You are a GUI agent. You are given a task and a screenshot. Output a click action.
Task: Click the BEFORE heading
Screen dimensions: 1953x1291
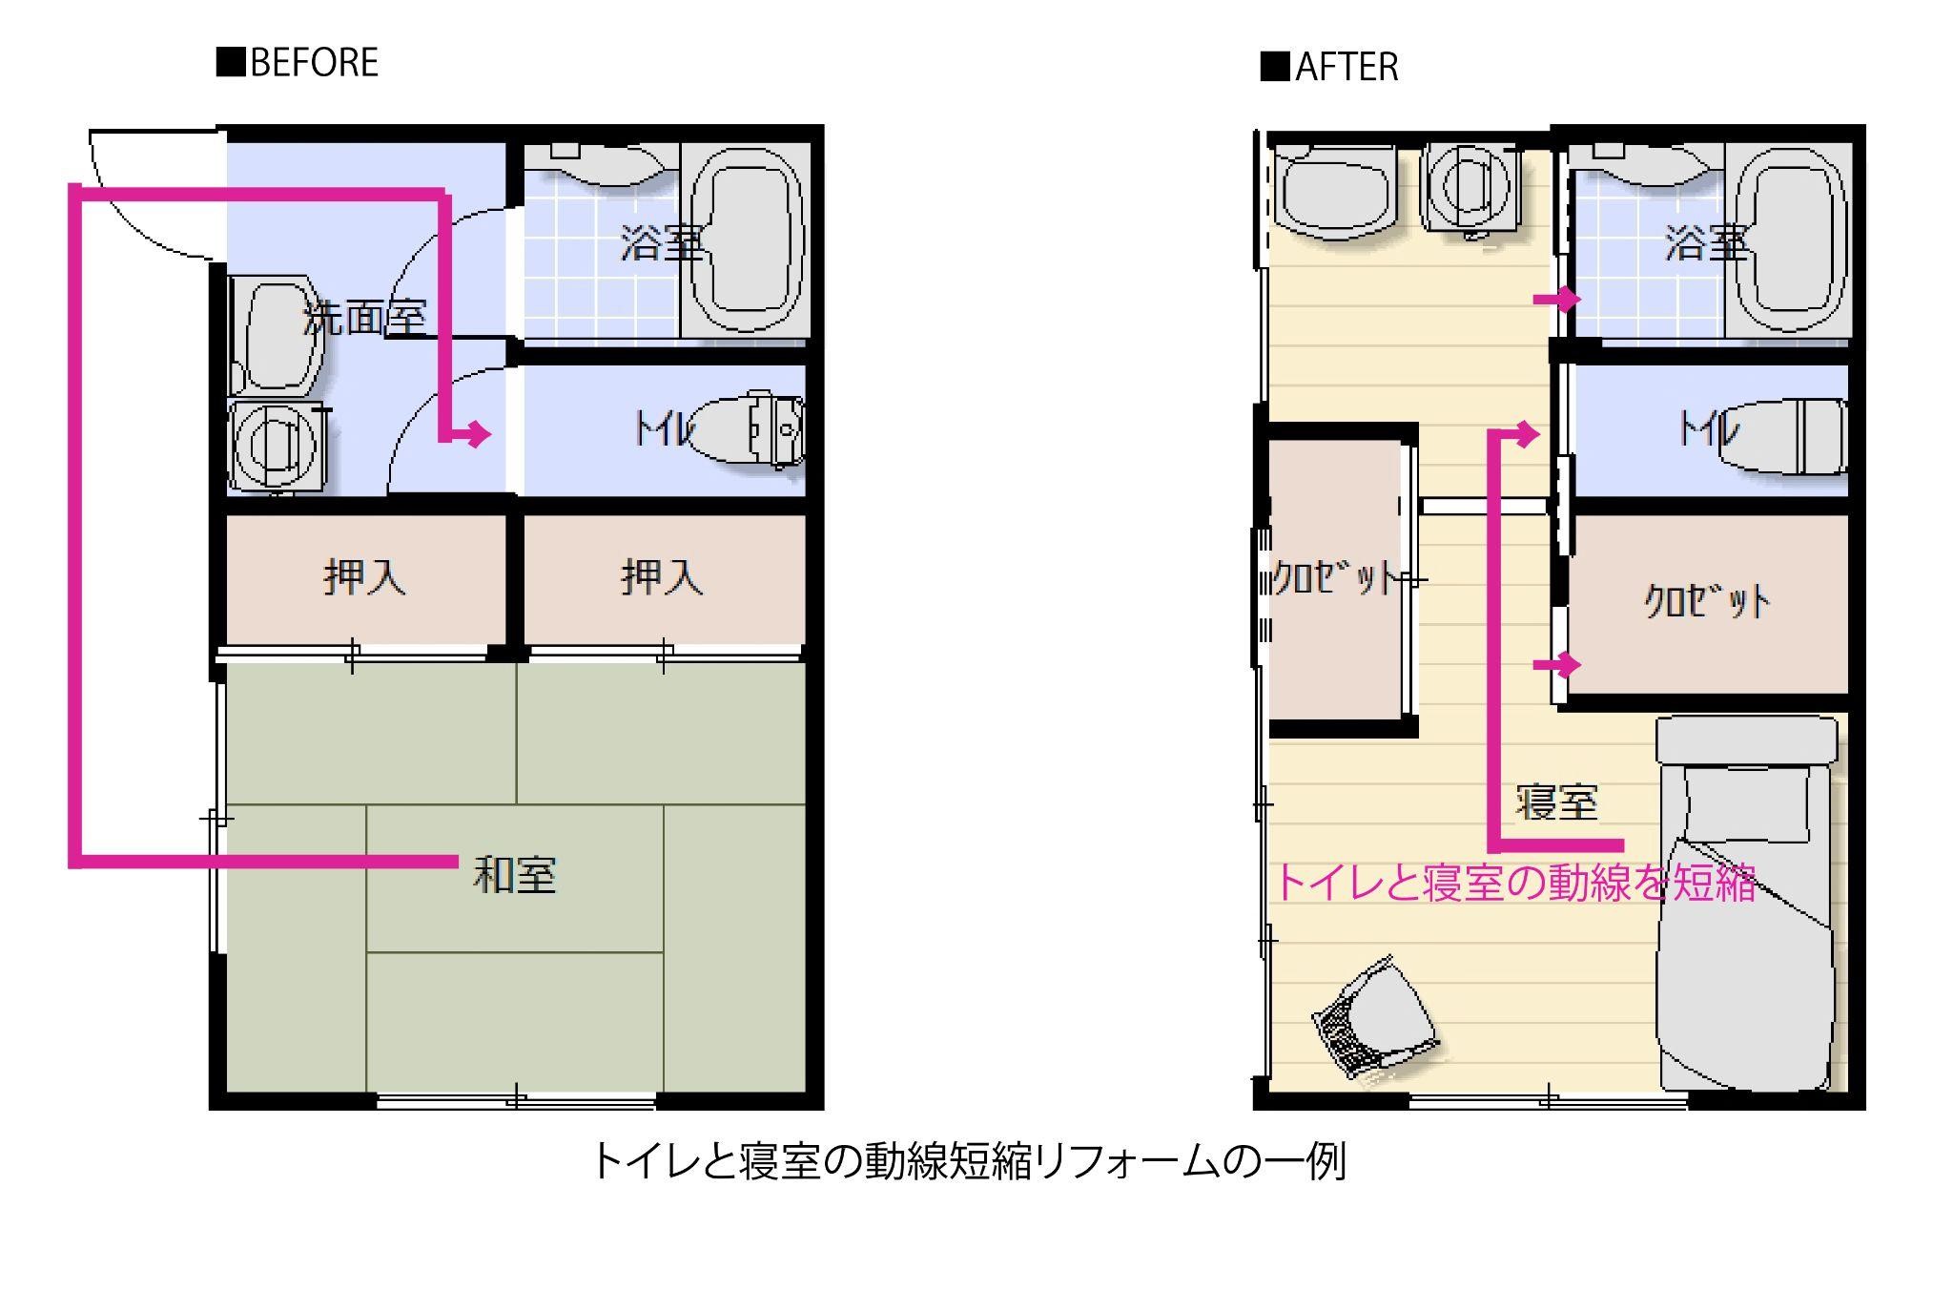point(298,63)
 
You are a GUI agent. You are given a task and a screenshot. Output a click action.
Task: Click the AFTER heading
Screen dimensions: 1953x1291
point(1329,67)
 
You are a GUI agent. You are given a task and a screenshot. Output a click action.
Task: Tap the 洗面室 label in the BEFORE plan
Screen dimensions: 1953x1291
point(364,317)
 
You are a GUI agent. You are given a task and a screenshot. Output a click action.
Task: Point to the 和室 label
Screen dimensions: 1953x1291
point(515,875)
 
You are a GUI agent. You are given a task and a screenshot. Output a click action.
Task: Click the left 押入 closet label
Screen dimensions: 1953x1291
point(365,577)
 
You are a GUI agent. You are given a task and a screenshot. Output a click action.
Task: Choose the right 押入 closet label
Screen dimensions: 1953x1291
point(663,577)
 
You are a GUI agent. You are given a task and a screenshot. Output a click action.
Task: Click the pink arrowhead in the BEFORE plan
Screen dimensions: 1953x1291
point(476,435)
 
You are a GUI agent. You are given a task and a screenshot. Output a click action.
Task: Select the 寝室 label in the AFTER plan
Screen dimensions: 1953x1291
point(1556,802)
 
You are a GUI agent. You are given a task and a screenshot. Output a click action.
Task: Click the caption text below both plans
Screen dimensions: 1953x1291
point(969,1161)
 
